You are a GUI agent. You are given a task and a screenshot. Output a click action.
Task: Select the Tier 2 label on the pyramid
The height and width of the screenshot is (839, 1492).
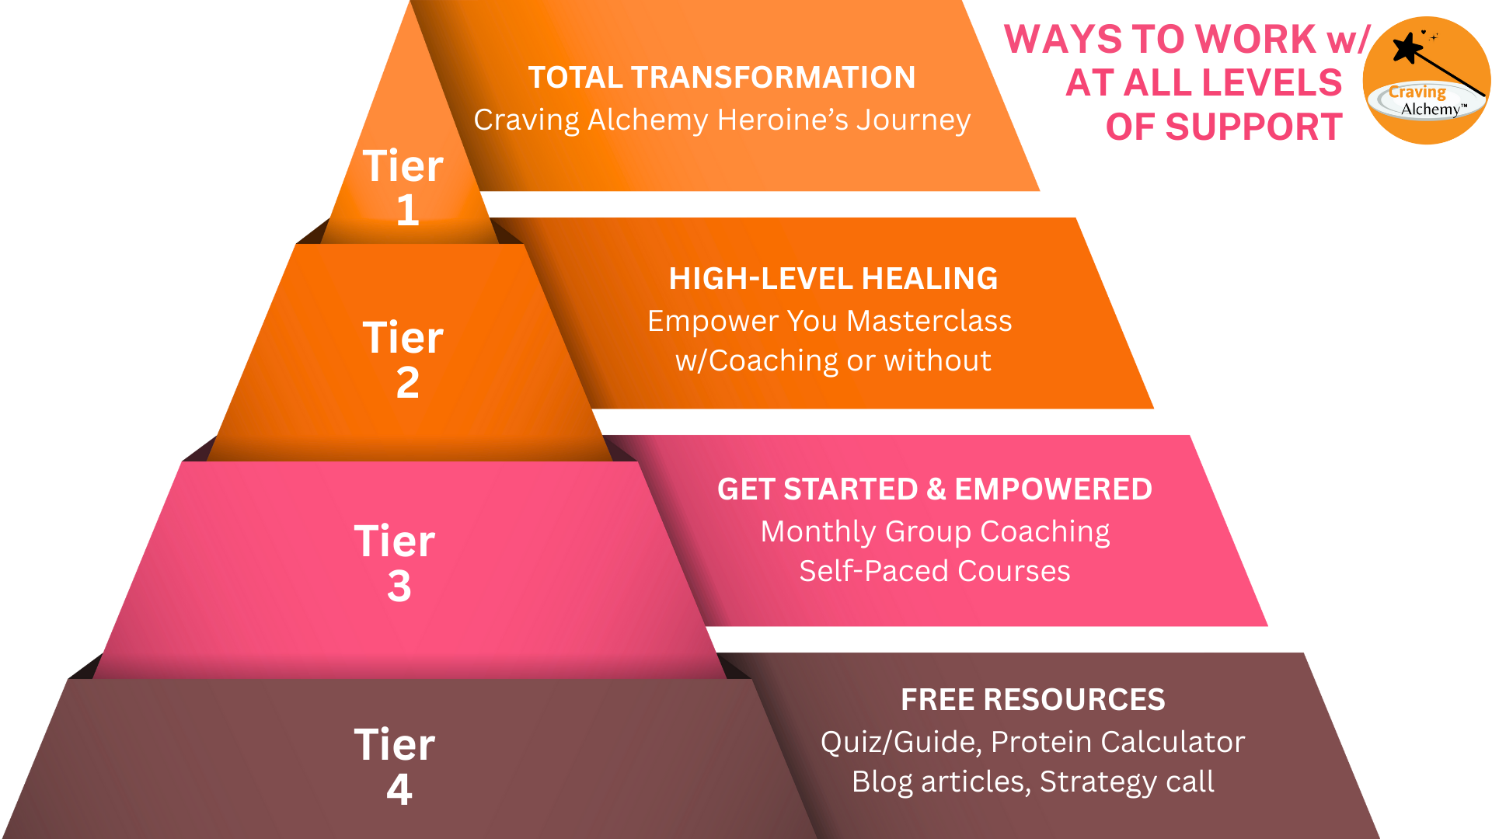coord(403,360)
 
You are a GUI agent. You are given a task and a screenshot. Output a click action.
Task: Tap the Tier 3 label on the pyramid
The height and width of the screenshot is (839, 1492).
coord(395,563)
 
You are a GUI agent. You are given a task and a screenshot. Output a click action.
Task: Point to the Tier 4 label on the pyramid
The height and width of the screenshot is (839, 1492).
coord(395,767)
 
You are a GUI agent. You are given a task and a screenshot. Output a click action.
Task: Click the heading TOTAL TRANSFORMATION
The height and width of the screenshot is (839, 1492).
coord(722,78)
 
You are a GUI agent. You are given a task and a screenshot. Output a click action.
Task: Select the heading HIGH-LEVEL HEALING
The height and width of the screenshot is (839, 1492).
coord(833,279)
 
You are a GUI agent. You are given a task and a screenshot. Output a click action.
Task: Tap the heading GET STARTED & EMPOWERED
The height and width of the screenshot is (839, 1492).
coord(935,489)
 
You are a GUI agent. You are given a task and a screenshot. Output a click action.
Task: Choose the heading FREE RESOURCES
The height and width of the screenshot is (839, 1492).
coord(1033,700)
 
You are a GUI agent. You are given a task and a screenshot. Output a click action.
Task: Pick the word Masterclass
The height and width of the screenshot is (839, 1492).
coord(929,321)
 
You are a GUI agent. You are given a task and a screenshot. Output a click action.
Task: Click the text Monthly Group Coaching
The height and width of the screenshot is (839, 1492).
coord(935,532)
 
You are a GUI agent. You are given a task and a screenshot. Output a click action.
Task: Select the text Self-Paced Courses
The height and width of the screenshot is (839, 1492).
coord(935,571)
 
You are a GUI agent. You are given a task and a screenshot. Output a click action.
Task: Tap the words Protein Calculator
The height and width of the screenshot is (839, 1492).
coord(1118,742)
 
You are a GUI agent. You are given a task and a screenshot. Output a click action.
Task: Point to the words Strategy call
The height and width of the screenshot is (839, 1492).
coord(1127,782)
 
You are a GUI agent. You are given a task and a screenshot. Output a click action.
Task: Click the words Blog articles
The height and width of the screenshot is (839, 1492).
coord(941,782)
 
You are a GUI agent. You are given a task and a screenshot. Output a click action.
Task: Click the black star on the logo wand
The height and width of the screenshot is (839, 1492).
coord(1407,48)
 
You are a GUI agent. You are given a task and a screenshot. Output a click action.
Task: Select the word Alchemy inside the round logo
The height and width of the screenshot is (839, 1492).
coord(1431,110)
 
